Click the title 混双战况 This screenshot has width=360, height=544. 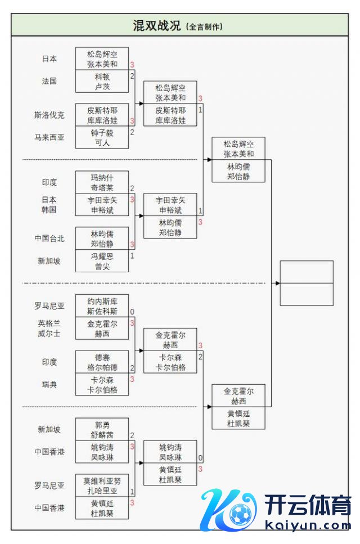tap(156, 26)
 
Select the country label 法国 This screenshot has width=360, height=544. tap(49, 81)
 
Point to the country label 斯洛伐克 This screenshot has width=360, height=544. tap(49, 115)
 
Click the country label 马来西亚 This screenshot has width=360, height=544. tap(49, 137)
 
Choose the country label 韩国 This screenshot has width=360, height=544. tap(49, 210)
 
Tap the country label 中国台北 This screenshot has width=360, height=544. tap(49, 239)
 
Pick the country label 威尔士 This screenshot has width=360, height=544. tap(49, 334)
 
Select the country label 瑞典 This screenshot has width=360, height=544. tap(49, 385)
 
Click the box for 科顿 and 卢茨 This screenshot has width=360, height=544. tap(102, 81)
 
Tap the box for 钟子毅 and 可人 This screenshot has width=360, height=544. tap(102, 137)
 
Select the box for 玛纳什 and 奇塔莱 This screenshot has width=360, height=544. tap(102, 182)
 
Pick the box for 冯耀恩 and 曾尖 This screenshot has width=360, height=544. tap(102, 261)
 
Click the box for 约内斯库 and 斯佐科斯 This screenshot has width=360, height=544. tap(102, 305)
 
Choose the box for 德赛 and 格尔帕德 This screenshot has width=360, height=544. tap(102, 362)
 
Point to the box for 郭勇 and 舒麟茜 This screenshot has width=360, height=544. tap(102, 429)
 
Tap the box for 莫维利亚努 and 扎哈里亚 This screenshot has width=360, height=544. tap(102, 486)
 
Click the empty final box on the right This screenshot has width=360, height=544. tap(307, 283)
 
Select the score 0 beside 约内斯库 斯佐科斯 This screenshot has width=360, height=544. tap(132, 312)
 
